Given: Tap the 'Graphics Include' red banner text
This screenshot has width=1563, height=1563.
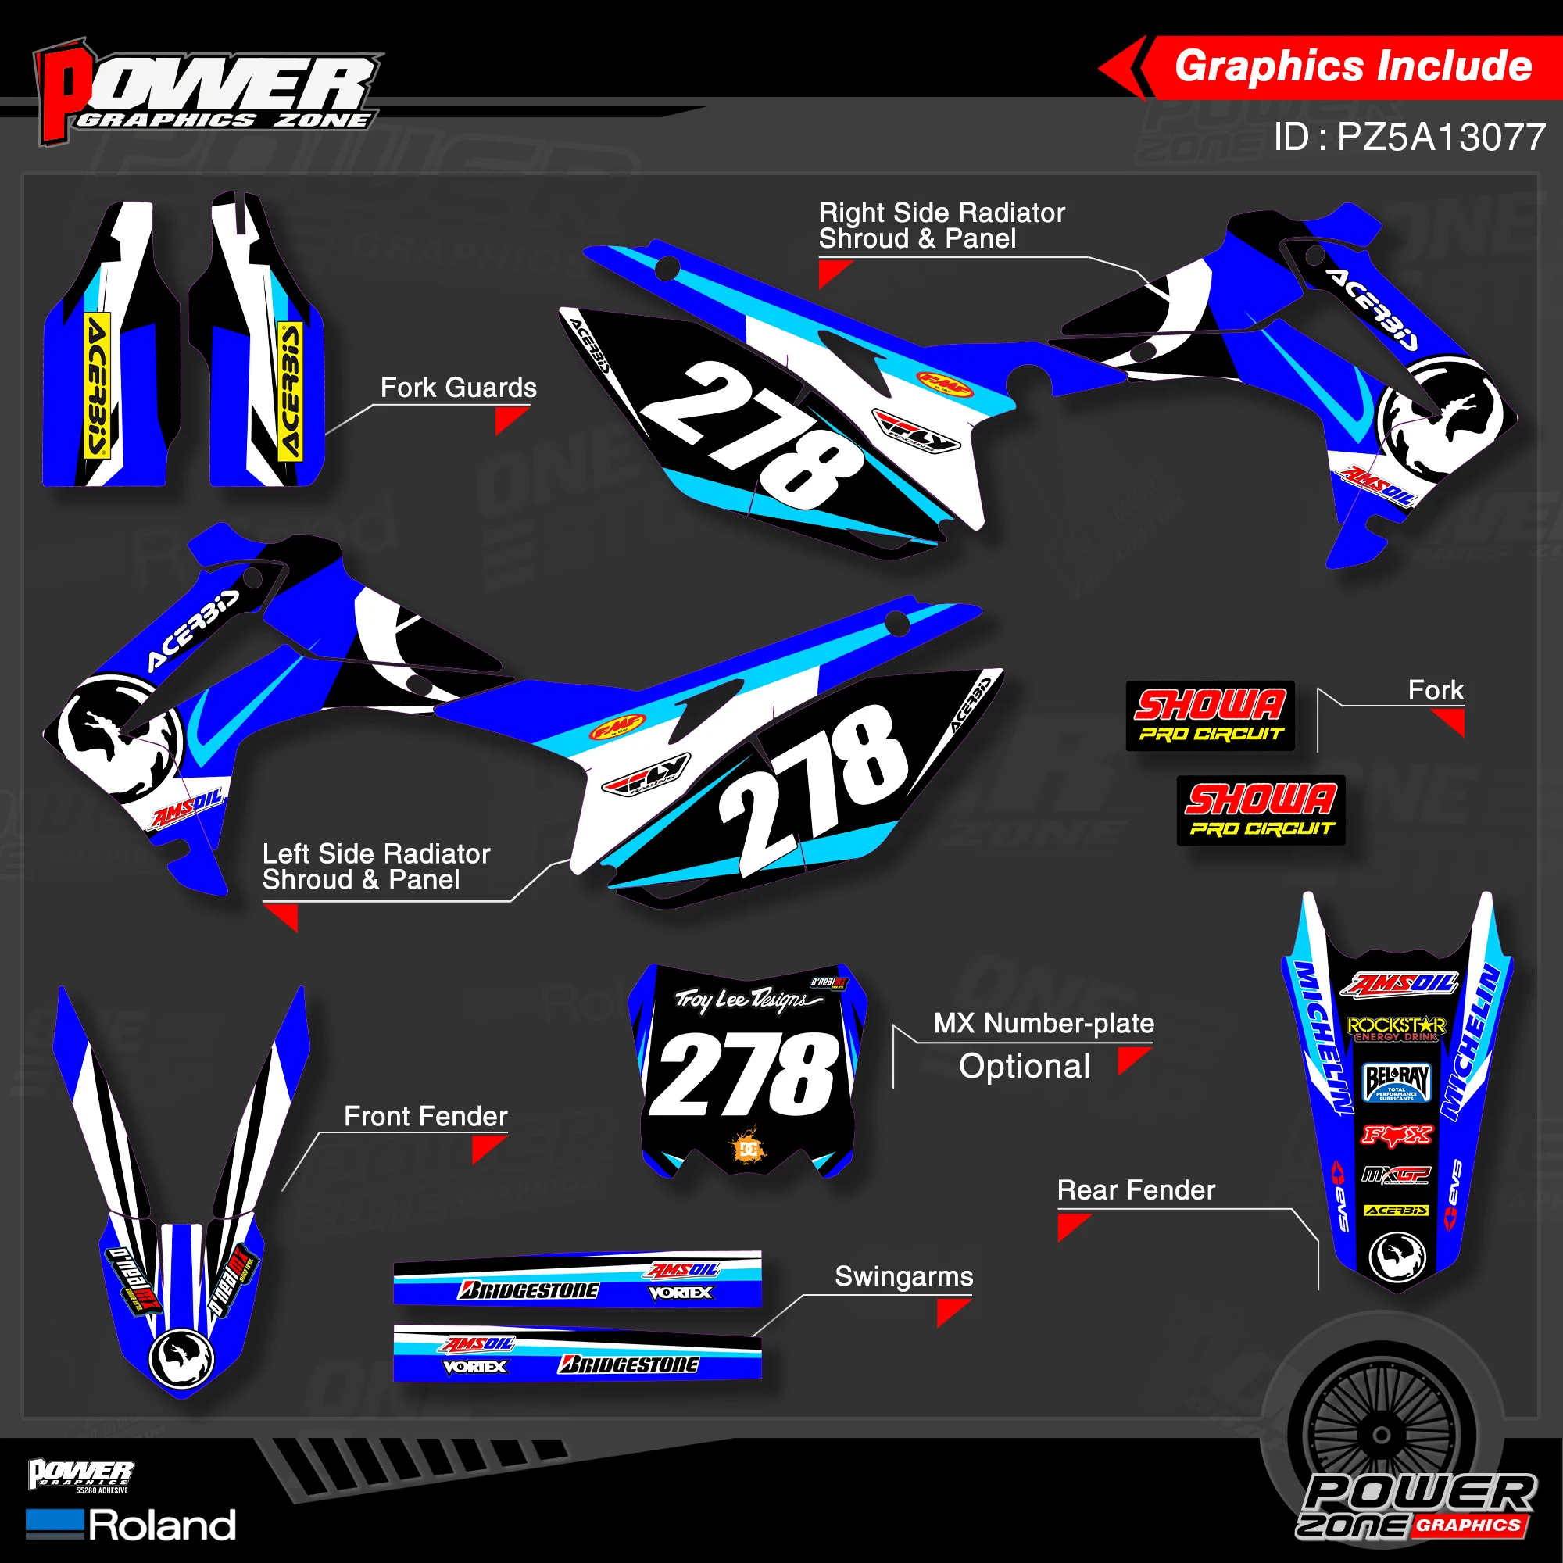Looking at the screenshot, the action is point(1353,66).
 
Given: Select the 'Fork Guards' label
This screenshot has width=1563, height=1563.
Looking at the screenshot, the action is point(458,388).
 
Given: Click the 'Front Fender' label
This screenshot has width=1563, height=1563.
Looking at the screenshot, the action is point(426,1117).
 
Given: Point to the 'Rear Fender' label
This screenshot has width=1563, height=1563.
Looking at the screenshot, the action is point(1135,1190).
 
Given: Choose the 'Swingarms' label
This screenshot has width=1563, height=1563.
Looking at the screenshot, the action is point(903,1276).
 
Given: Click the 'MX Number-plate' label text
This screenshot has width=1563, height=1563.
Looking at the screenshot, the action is point(1043,1024).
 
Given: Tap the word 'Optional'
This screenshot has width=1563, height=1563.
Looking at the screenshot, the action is point(1025,1066).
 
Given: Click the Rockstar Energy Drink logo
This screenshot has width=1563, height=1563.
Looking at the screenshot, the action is point(1397,1028).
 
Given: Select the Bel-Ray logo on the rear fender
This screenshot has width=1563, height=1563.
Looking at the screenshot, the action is point(1397,1082).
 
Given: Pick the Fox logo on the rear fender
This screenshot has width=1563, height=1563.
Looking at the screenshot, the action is point(1397,1135).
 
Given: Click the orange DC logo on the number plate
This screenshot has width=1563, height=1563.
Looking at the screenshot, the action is point(749,1149).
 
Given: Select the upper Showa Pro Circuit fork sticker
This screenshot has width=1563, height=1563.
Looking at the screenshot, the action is point(1210,716).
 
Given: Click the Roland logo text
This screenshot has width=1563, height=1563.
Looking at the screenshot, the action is point(162,1525).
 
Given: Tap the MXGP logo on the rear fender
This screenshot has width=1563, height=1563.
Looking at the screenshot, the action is point(1397,1174).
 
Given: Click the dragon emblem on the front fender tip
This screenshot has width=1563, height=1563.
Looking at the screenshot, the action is point(182,1359).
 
